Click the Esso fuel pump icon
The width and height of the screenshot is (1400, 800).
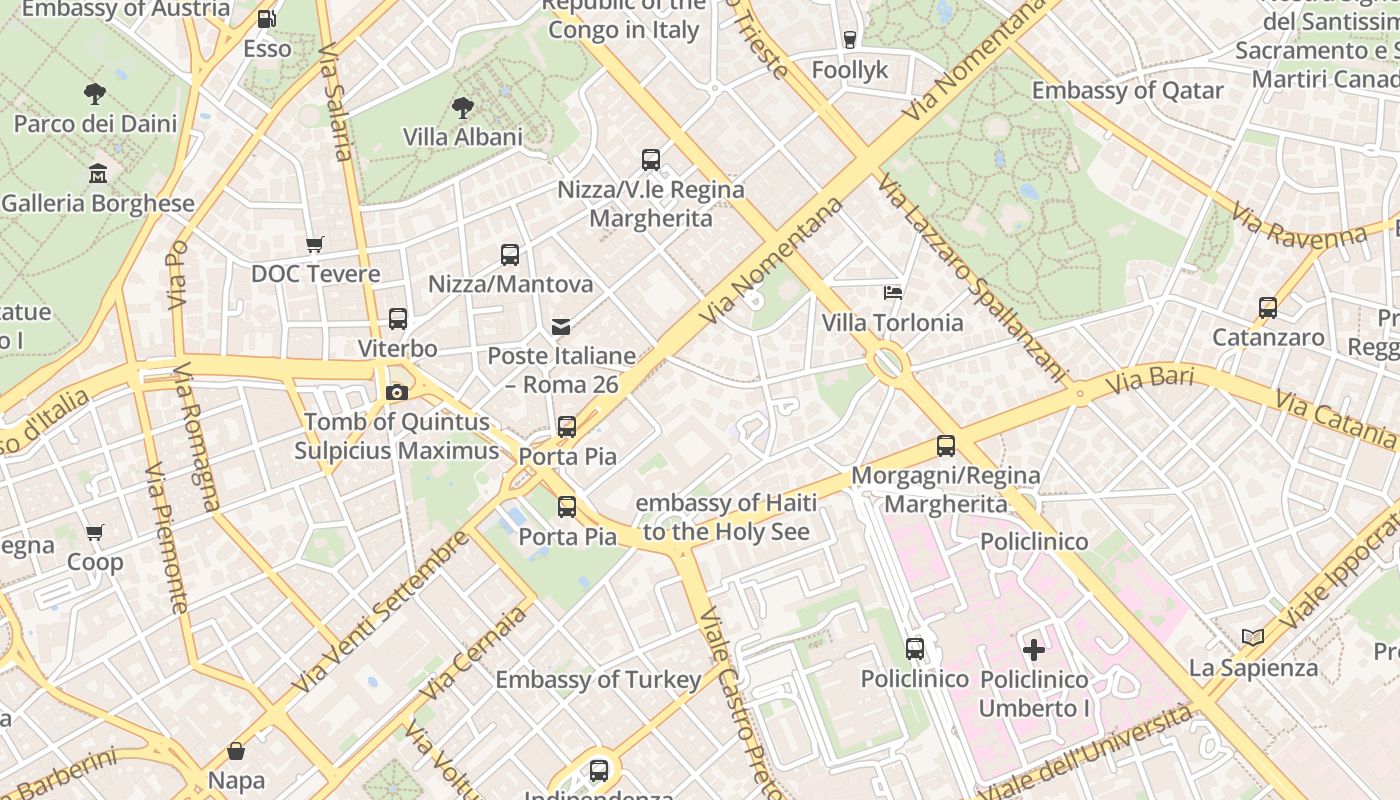(266, 19)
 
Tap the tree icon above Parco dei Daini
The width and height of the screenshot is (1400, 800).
(95, 94)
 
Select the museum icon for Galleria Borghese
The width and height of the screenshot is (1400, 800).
(98, 173)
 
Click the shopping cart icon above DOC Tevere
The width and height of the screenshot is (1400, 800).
(314, 244)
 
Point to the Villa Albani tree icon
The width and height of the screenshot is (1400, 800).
(462, 107)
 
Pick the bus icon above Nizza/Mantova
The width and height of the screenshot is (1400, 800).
(510, 254)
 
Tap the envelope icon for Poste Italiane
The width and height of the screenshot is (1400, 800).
(561, 326)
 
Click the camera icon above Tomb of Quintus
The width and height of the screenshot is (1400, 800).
(397, 392)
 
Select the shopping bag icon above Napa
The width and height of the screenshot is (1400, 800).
(236, 750)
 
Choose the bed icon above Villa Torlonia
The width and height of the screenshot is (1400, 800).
(893, 293)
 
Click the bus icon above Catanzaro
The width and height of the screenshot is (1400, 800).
(1268, 308)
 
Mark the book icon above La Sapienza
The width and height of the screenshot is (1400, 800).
(1252, 637)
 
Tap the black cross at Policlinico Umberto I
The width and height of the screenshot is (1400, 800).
(1033, 650)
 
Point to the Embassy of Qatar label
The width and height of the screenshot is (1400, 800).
(1127, 91)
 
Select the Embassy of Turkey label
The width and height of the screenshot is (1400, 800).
(598, 680)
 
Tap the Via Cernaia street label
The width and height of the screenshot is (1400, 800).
(472, 654)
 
